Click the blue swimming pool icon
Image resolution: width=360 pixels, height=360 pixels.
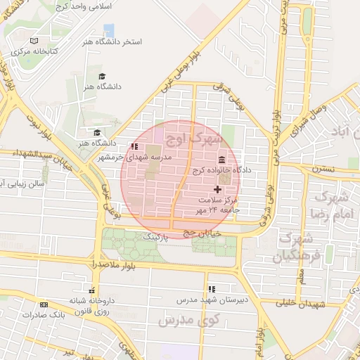pyautogui.click(x=109, y=30)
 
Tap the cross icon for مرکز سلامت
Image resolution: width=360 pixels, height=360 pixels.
pyautogui.click(x=217, y=188)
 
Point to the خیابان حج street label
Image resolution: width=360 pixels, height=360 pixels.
pyautogui.click(x=203, y=232)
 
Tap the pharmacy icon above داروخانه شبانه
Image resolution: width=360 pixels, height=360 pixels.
pyautogui.click(x=91, y=290)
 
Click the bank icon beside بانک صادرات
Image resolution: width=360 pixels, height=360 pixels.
pyautogui.click(x=44, y=304)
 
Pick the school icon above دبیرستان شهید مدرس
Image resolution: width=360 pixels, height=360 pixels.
pyautogui.click(x=211, y=288)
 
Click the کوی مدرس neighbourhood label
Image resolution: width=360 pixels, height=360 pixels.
pyautogui.click(x=189, y=321)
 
